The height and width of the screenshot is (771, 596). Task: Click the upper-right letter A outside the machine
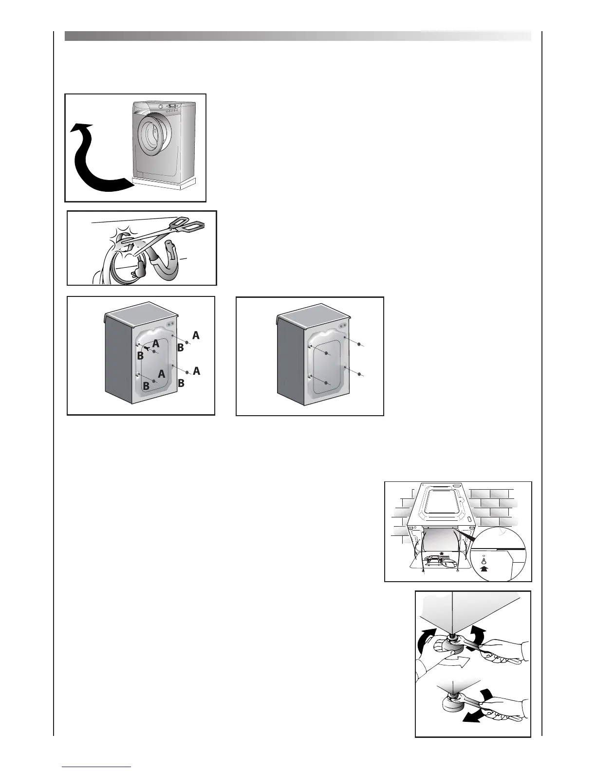coord(196,335)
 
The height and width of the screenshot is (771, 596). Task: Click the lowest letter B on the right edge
coord(181,383)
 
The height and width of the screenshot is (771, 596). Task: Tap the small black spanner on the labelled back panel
coord(146,349)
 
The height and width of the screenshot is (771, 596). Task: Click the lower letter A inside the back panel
coord(162,375)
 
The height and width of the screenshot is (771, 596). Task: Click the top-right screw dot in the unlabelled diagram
coord(359,344)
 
